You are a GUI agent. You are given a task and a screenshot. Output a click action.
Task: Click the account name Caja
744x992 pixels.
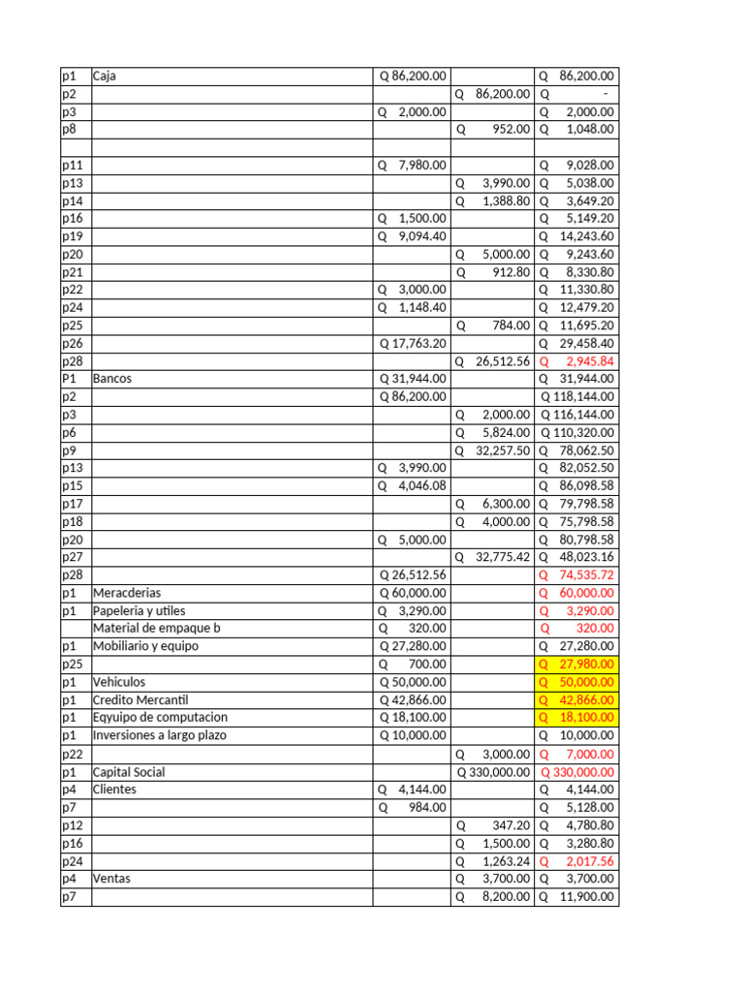click(105, 76)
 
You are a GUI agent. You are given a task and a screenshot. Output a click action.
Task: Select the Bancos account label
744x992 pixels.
click(111, 379)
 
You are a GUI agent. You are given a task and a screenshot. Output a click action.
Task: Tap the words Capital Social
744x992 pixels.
click(129, 772)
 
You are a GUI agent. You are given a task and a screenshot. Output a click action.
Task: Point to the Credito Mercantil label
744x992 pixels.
click(139, 699)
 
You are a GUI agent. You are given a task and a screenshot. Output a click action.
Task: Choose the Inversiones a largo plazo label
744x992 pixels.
click(161, 735)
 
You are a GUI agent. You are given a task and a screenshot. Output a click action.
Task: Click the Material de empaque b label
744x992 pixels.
click(157, 628)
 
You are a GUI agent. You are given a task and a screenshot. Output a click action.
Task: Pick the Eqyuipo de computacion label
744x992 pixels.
click(160, 718)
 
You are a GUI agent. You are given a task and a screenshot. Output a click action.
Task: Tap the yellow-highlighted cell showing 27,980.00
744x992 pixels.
click(577, 665)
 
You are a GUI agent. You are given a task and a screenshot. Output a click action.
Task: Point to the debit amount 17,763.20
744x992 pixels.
click(413, 343)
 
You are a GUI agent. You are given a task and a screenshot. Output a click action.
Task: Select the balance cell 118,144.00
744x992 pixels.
click(577, 396)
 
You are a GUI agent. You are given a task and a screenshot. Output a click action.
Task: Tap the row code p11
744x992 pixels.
click(72, 165)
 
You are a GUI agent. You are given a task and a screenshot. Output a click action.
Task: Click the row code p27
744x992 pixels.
click(72, 557)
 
